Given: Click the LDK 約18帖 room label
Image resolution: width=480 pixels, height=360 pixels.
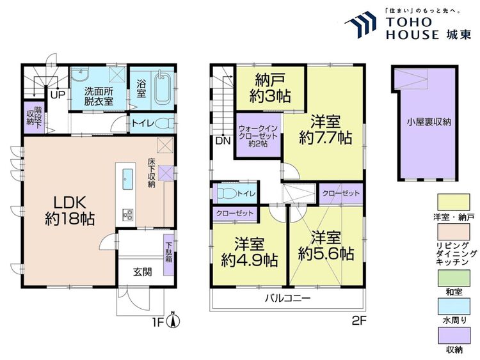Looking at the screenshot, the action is (70, 210).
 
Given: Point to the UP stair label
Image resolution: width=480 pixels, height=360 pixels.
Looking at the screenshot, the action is (58, 95).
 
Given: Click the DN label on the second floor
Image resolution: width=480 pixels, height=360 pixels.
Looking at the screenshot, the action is (223, 141).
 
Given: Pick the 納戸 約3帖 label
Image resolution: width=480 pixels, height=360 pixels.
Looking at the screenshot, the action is (270, 88).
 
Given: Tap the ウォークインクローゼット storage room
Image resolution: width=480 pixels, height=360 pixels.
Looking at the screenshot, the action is (258, 136).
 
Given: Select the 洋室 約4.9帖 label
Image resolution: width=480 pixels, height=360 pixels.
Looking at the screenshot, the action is (250, 253).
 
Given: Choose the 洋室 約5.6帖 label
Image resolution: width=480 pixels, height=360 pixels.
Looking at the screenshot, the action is (326, 246).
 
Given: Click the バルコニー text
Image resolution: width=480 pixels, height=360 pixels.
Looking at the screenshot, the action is (288, 297).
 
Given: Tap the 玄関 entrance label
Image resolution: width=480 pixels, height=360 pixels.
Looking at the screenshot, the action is (143, 272).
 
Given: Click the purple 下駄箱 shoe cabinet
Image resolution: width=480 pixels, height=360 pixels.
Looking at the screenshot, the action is (169, 254).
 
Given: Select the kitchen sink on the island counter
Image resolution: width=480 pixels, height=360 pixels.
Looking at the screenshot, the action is (127, 179).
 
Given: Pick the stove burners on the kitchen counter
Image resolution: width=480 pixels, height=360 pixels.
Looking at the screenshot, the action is (127, 214).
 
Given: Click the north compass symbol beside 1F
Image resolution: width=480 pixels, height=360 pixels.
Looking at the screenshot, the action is (173, 320).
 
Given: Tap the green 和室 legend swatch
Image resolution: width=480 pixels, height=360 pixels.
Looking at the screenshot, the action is (454, 278).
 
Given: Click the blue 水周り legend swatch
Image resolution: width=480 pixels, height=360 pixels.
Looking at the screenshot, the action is (454, 306).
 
